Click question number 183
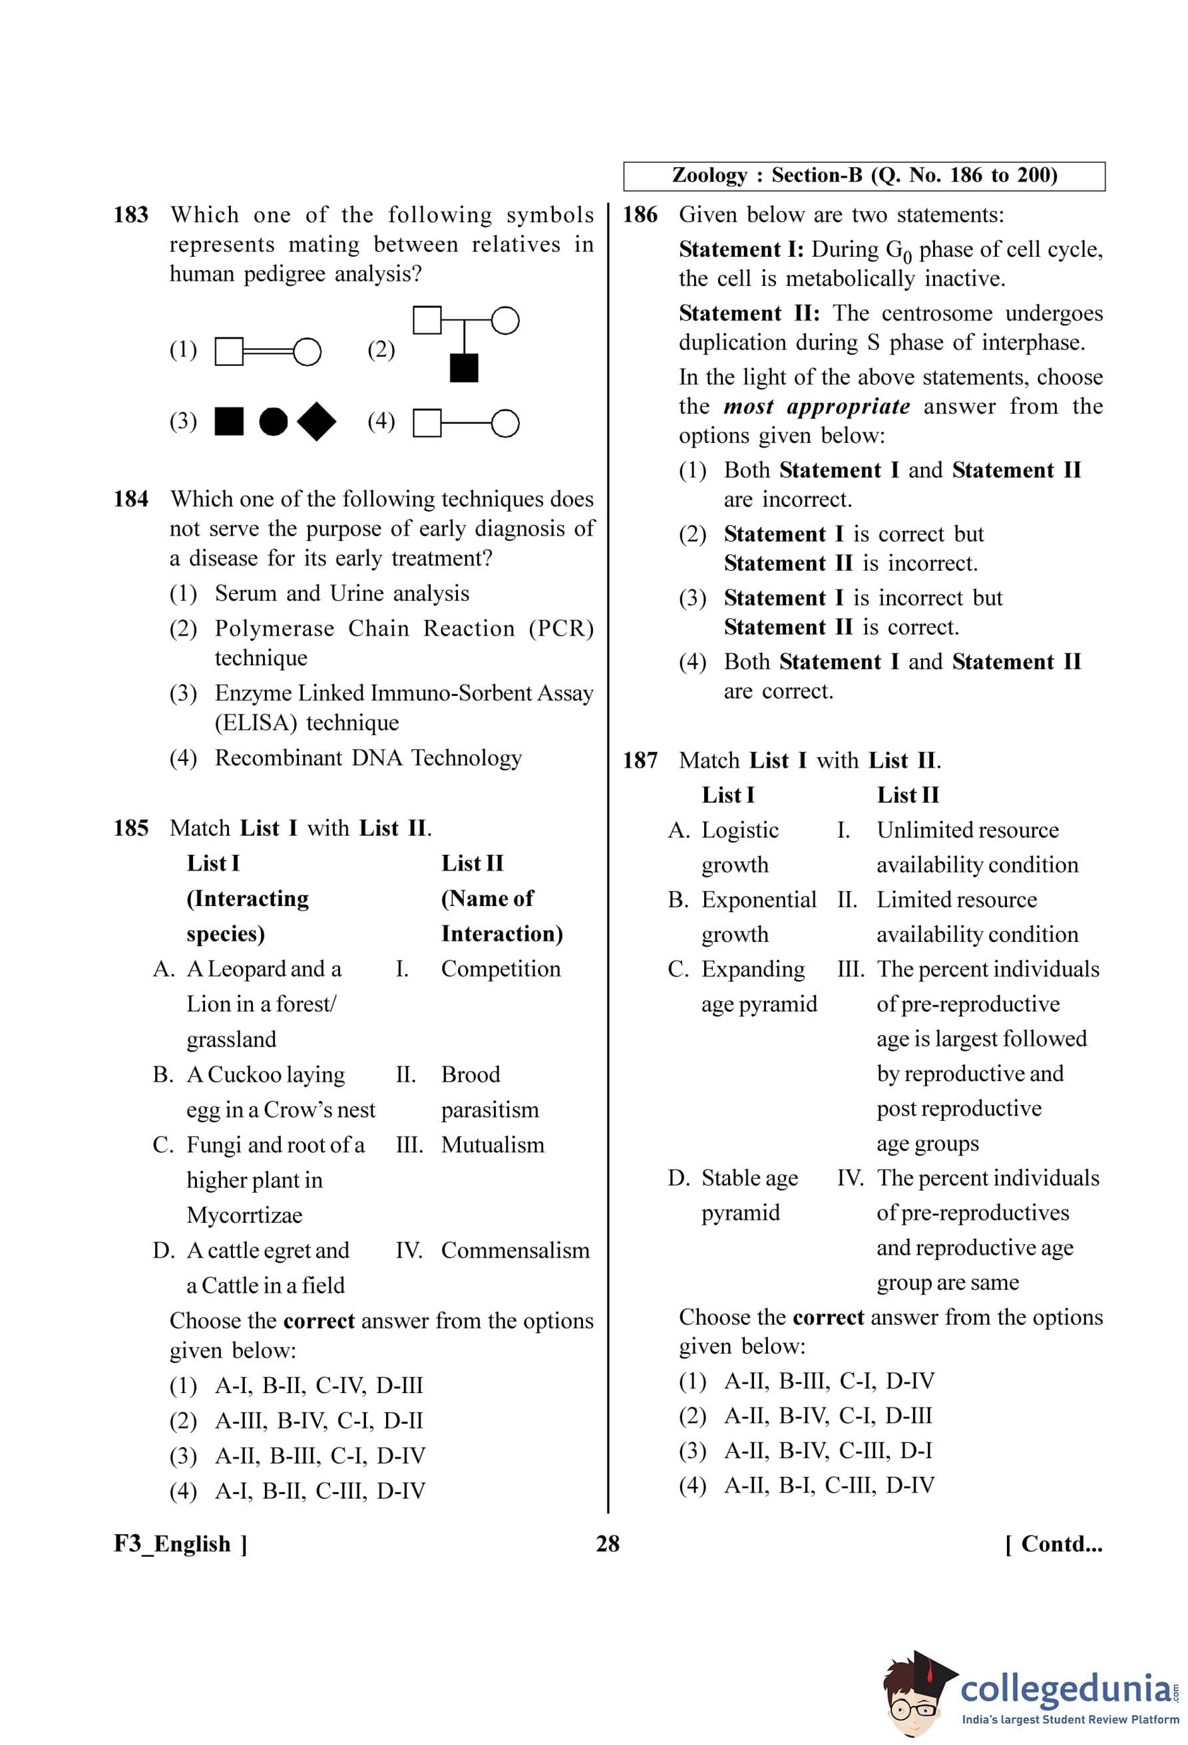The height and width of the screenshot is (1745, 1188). (130, 215)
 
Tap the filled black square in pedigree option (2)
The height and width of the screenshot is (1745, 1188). (463, 368)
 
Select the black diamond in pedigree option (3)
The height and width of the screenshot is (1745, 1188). (316, 421)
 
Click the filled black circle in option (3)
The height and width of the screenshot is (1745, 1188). (274, 421)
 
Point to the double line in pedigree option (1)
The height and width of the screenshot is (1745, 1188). (268, 351)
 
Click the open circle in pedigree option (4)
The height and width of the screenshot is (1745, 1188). (505, 422)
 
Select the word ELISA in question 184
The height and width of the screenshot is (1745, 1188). (256, 722)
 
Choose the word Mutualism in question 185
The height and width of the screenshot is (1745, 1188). (492, 1144)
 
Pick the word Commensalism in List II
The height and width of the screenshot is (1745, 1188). (515, 1250)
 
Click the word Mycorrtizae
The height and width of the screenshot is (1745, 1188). (244, 1215)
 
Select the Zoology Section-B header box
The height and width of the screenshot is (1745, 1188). (864, 176)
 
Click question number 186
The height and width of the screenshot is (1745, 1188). (640, 215)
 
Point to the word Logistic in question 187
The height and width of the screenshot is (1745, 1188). (739, 830)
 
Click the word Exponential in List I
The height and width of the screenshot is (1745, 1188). (759, 899)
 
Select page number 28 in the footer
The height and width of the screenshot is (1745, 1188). (608, 1544)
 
